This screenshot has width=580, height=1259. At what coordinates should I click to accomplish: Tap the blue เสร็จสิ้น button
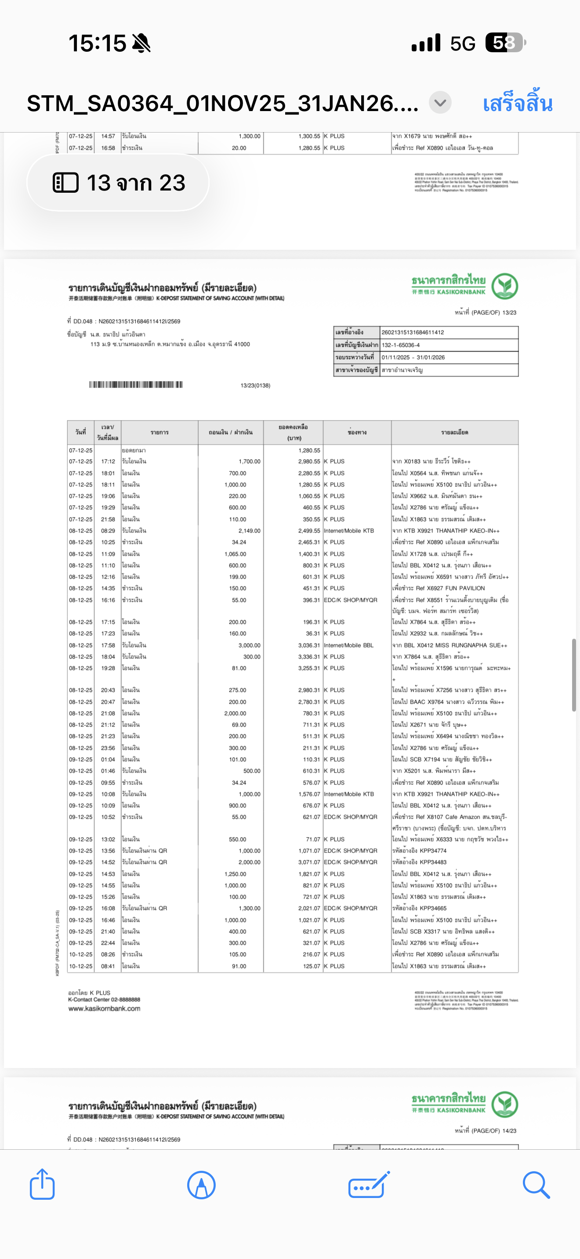tap(518, 104)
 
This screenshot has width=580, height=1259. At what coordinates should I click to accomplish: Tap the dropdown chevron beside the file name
tap(440, 103)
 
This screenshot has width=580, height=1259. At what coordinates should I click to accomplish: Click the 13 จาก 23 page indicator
tap(118, 183)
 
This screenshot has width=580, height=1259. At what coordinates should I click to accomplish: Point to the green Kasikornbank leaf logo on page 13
tap(505, 286)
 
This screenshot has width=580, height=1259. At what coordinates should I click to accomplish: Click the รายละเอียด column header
tap(454, 432)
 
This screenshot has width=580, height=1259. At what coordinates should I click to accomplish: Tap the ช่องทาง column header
tap(356, 432)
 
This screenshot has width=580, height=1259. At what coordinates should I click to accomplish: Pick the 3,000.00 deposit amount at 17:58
tap(250, 645)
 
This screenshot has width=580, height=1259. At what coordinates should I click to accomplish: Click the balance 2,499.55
tap(309, 531)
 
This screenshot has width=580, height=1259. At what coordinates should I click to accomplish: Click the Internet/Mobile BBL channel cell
tap(348, 645)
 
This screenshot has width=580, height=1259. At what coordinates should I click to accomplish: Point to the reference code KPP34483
tap(433, 862)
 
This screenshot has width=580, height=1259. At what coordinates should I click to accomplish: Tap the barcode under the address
tap(135, 385)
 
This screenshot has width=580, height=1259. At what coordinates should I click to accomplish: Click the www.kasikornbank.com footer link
tap(104, 1008)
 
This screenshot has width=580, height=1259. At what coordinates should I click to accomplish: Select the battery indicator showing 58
tap(505, 43)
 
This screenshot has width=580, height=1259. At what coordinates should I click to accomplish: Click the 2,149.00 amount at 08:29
tap(250, 531)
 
